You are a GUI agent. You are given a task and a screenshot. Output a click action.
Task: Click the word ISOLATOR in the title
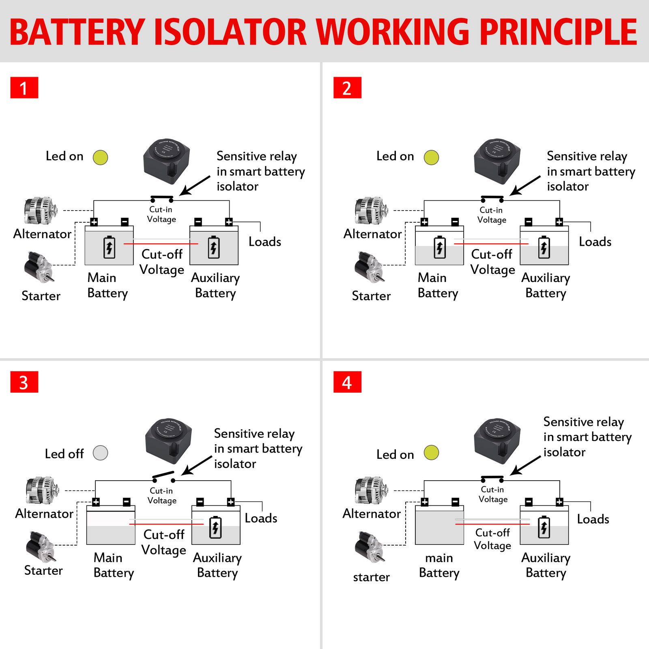(230, 32)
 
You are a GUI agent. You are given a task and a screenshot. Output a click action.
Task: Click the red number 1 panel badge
(24, 88)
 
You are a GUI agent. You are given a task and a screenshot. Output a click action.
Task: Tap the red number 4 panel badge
(347, 382)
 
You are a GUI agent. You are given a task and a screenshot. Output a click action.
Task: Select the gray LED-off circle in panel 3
(100, 453)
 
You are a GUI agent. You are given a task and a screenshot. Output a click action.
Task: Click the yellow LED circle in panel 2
(431, 157)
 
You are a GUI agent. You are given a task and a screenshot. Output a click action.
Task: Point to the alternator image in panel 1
(40, 211)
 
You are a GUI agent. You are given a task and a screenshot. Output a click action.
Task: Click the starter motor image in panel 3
(41, 547)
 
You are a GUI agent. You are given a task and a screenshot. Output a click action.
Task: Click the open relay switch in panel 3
(163, 477)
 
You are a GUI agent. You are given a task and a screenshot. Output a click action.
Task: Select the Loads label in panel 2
(595, 242)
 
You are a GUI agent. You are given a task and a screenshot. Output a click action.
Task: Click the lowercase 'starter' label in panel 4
(371, 577)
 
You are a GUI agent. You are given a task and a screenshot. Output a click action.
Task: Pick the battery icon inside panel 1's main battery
(109, 247)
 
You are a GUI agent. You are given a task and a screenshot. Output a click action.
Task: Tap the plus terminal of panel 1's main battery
(94, 222)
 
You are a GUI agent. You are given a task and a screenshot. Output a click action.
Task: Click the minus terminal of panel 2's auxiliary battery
(529, 222)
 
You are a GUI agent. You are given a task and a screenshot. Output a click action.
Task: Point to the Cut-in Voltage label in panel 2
(492, 215)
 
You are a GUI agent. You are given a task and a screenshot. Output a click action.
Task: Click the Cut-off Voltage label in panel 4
(492, 539)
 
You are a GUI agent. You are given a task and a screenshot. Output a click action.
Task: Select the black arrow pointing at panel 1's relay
(195, 185)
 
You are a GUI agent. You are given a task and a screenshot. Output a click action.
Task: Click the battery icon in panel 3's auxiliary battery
(215, 527)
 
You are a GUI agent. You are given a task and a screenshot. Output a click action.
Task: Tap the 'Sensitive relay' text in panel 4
(583, 422)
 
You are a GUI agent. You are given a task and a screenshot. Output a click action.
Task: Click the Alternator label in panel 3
(44, 514)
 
